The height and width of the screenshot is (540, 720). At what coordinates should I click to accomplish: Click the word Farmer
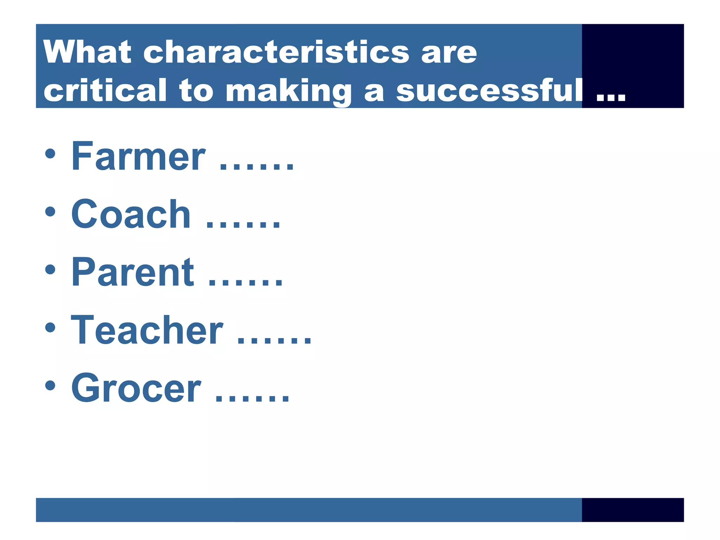pyautogui.click(x=138, y=156)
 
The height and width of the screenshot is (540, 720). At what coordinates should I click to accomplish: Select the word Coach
pyautogui.click(x=131, y=214)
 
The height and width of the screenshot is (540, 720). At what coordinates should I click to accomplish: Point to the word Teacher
pyautogui.click(x=147, y=330)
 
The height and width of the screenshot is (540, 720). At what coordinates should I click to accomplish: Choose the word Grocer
pyautogui.click(x=136, y=388)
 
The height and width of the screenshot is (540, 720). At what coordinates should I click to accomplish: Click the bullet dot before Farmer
pyautogui.click(x=50, y=154)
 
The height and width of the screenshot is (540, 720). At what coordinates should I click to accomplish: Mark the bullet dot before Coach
pyautogui.click(x=50, y=212)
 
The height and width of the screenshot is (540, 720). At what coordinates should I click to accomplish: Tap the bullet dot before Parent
pyautogui.click(x=50, y=270)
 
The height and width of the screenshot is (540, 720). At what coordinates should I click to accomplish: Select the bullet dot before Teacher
pyautogui.click(x=50, y=328)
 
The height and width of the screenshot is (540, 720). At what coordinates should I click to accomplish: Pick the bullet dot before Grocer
pyautogui.click(x=50, y=386)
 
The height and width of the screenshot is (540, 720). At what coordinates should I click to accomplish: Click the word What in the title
pyautogui.click(x=87, y=52)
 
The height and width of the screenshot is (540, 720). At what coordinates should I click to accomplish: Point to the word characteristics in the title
pyautogui.click(x=276, y=52)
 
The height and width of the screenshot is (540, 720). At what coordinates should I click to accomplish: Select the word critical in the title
pyautogui.click(x=105, y=90)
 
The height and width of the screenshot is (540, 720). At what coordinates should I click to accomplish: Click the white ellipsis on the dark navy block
pyautogui.click(x=611, y=97)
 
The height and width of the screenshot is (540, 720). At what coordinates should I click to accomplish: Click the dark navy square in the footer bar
pyautogui.click(x=632, y=510)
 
